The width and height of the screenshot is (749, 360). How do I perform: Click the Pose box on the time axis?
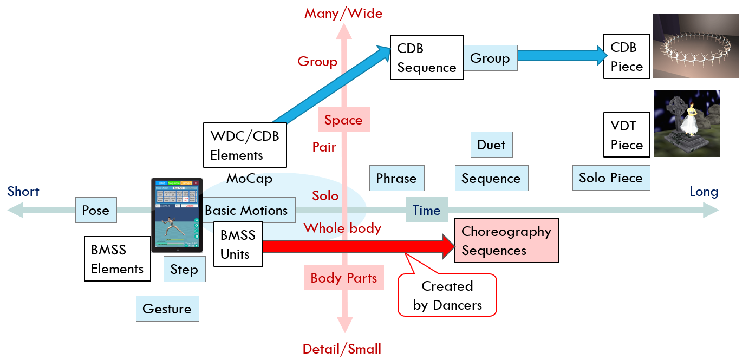click(96, 210)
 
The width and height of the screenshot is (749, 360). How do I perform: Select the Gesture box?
click(167, 309)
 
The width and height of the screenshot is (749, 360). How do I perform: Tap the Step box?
click(184, 269)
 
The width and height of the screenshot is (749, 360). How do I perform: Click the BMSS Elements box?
click(117, 259)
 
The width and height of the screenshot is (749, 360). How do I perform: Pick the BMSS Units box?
click(238, 244)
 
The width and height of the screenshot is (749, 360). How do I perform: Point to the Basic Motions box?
click(246, 210)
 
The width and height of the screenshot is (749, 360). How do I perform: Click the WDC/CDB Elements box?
click(245, 145)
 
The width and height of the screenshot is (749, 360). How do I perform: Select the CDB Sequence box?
click(427, 57)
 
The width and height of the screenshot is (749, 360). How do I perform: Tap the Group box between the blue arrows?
click(490, 58)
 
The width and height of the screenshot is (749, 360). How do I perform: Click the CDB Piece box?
click(627, 56)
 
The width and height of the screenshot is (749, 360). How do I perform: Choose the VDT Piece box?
click(627, 135)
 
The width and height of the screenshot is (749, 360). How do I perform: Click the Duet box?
click(491, 145)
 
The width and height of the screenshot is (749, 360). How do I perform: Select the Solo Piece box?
click(610, 178)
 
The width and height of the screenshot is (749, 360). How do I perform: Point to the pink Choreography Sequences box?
click(506, 241)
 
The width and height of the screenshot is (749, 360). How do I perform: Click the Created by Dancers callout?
click(447, 295)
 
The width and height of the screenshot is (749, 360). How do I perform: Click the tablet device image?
click(177, 215)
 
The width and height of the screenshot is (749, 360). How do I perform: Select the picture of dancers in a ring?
click(695, 47)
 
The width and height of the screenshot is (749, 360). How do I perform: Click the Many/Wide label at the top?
click(343, 13)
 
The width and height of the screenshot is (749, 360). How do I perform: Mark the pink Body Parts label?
click(344, 278)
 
